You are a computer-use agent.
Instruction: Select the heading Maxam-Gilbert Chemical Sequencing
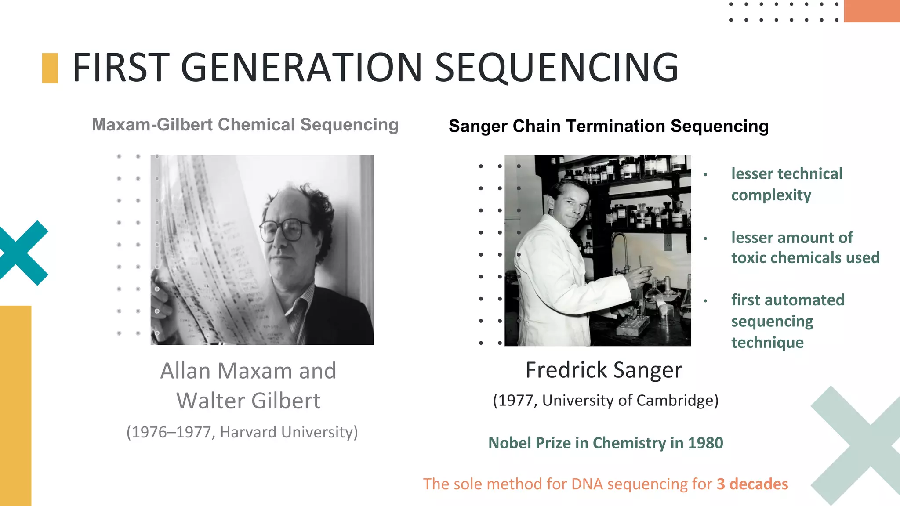[x=245, y=125]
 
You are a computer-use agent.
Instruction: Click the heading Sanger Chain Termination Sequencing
[x=609, y=126]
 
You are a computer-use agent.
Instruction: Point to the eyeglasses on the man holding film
[x=286, y=230]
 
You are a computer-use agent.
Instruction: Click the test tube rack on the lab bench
[x=633, y=325]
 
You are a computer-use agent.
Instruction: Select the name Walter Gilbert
[x=248, y=401]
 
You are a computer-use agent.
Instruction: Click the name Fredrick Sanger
[x=604, y=370]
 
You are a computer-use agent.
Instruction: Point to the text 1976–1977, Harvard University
[x=242, y=432]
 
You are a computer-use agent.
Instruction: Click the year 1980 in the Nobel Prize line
[x=705, y=443]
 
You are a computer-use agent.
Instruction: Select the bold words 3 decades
[x=752, y=484]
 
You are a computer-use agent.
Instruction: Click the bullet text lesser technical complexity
[x=787, y=184]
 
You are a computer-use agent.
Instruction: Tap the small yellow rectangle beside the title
[x=50, y=68]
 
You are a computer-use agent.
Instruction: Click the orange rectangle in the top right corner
[x=871, y=11]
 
